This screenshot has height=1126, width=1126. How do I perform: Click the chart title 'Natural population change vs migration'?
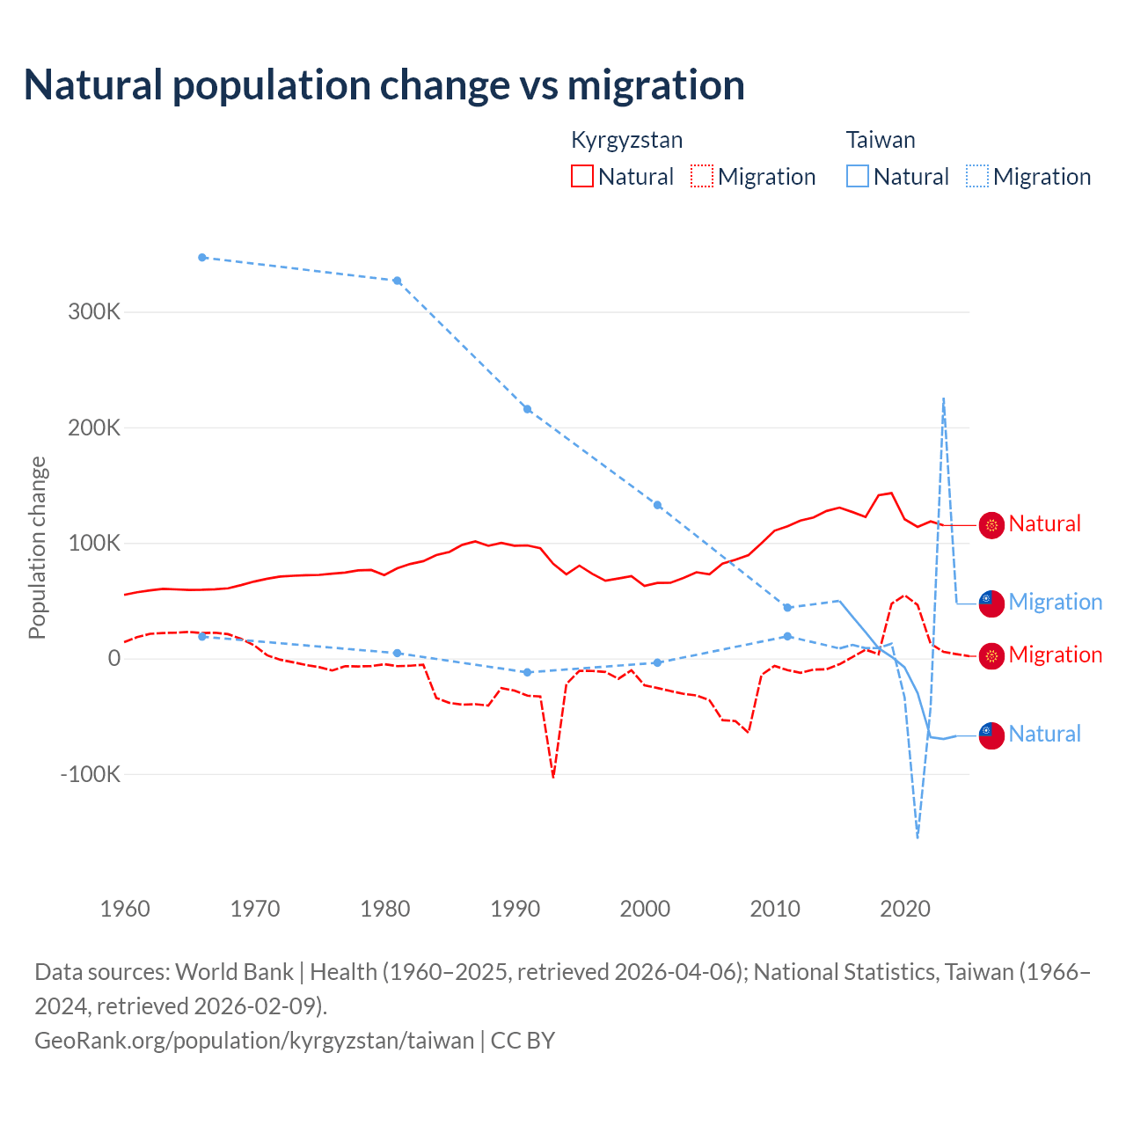pyautogui.click(x=384, y=85)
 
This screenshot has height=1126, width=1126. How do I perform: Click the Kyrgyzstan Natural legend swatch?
pyautogui.click(x=582, y=176)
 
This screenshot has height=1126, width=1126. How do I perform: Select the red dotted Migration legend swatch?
pyautogui.click(x=702, y=176)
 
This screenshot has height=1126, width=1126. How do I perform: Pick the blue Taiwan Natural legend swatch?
pyautogui.click(x=858, y=176)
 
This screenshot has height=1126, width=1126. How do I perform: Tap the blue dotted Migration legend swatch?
pyautogui.click(x=977, y=176)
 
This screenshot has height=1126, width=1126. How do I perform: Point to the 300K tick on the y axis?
pyautogui.click(x=94, y=312)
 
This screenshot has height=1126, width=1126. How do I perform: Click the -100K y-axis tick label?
pyautogui.click(x=90, y=775)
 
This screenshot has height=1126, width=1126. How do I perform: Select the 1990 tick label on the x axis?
pyautogui.click(x=515, y=909)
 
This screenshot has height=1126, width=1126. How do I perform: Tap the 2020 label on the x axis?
pyautogui.click(x=905, y=909)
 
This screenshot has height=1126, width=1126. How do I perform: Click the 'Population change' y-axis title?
pyautogui.click(x=37, y=547)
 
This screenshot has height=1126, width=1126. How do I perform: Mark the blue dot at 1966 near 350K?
pyautogui.click(x=202, y=258)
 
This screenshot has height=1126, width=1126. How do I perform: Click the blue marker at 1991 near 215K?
pyautogui.click(x=528, y=409)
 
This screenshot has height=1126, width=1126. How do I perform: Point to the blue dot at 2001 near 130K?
pyautogui.click(x=657, y=505)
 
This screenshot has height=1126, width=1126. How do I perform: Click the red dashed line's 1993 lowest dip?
pyautogui.click(x=553, y=777)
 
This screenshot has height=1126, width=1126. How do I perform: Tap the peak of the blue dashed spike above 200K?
pyautogui.click(x=944, y=398)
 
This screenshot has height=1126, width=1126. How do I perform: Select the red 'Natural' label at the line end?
pyautogui.click(x=1044, y=523)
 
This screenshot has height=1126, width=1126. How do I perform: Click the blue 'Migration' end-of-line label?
pyautogui.click(x=1055, y=602)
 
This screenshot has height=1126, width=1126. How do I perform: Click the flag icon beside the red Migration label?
pyautogui.click(x=991, y=656)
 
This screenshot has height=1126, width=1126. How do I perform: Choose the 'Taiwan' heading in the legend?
pyautogui.click(x=881, y=140)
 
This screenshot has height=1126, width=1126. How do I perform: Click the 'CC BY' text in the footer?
pyautogui.click(x=523, y=1041)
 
